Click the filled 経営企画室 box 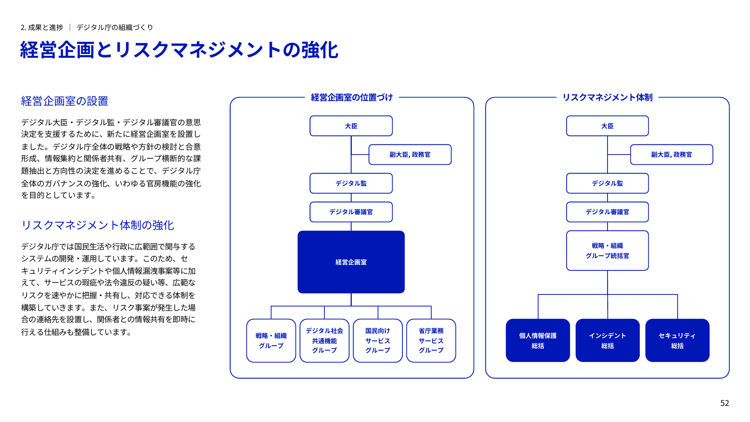(x=351, y=262)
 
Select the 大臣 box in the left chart (x=351, y=126)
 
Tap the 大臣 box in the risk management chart (x=607, y=126)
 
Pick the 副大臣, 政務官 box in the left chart (x=410, y=155)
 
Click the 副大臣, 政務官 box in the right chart (x=671, y=155)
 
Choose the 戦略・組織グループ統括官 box (x=607, y=251)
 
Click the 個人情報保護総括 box (x=538, y=340)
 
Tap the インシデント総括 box (x=607, y=340)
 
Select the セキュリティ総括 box (x=677, y=340)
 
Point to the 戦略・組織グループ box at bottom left (x=271, y=340)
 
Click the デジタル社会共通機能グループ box (x=324, y=340)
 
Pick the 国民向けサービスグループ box (x=378, y=340)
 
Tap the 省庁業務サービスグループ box (x=431, y=340)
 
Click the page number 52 (x=724, y=403)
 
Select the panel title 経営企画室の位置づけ (x=352, y=98)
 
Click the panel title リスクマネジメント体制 (x=607, y=98)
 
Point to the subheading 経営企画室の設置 (x=64, y=101)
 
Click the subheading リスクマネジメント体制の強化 (x=97, y=225)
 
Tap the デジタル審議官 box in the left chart (x=351, y=212)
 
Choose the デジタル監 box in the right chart (x=607, y=183)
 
